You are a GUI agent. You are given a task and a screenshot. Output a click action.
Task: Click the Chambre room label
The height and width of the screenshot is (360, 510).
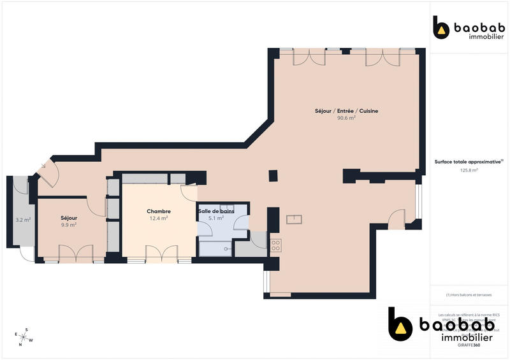(x=158, y=212)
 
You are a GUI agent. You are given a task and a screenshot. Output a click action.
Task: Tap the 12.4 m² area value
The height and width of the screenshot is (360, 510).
(x=158, y=219)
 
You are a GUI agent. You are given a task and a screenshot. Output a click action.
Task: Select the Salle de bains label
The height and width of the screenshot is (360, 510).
(x=216, y=211)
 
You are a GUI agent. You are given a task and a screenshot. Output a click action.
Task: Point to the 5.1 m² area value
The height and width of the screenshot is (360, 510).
(x=216, y=218)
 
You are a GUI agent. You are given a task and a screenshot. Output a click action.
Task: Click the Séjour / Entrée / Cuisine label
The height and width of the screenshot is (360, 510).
(x=346, y=111)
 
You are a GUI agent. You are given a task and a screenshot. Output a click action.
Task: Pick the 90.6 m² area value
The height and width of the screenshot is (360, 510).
(x=346, y=118)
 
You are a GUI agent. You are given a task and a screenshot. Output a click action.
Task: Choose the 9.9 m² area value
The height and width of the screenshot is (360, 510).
(x=68, y=225)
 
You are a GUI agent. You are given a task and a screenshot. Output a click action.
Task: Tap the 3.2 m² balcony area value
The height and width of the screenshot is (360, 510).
(x=23, y=220)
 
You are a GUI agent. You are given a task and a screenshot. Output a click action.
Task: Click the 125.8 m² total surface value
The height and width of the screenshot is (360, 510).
(x=469, y=170)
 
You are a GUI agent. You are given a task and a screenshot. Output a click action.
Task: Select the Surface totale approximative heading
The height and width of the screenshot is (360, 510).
(x=469, y=162)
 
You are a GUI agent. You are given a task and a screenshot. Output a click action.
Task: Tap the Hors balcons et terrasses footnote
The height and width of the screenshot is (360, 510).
(x=469, y=295)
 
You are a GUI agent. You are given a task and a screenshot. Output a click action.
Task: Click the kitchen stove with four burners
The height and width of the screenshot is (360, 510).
(x=275, y=246)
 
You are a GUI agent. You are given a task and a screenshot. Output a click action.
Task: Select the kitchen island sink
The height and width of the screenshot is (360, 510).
(x=294, y=220)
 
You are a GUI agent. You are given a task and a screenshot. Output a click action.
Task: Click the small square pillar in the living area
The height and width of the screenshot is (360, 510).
(x=273, y=175)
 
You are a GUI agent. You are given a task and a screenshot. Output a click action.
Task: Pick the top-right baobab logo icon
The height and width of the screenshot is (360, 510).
(x=441, y=29)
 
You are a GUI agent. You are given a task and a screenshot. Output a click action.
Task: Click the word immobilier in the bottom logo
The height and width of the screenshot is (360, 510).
(x=467, y=338)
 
